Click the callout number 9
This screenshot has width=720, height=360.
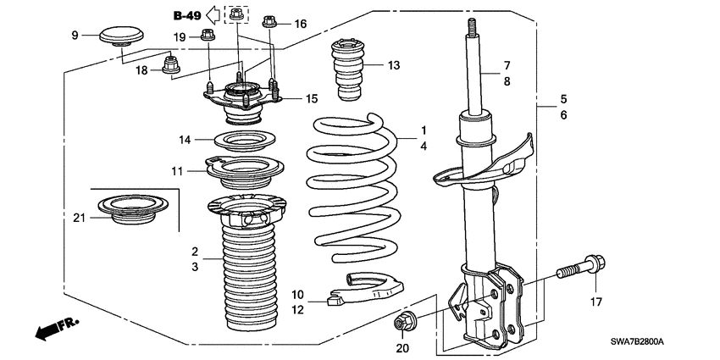[x=74, y=35]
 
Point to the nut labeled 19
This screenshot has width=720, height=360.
[x=207, y=36]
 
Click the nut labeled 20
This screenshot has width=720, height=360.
[x=403, y=323]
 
